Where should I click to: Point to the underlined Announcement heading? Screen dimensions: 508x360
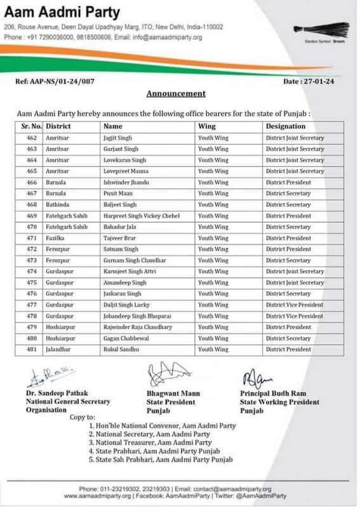[x=176, y=93]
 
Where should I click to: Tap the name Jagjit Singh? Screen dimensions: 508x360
[x=119, y=138]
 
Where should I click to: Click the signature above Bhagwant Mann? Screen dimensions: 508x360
[x=166, y=375]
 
